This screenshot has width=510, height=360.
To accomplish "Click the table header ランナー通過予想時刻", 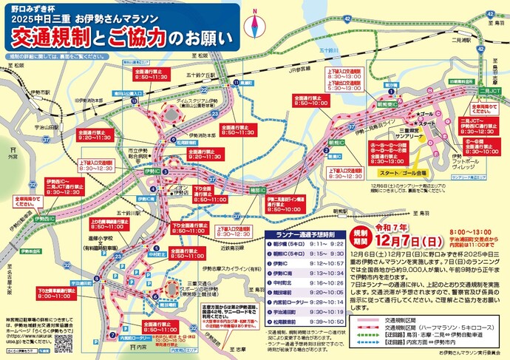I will [310, 234].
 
